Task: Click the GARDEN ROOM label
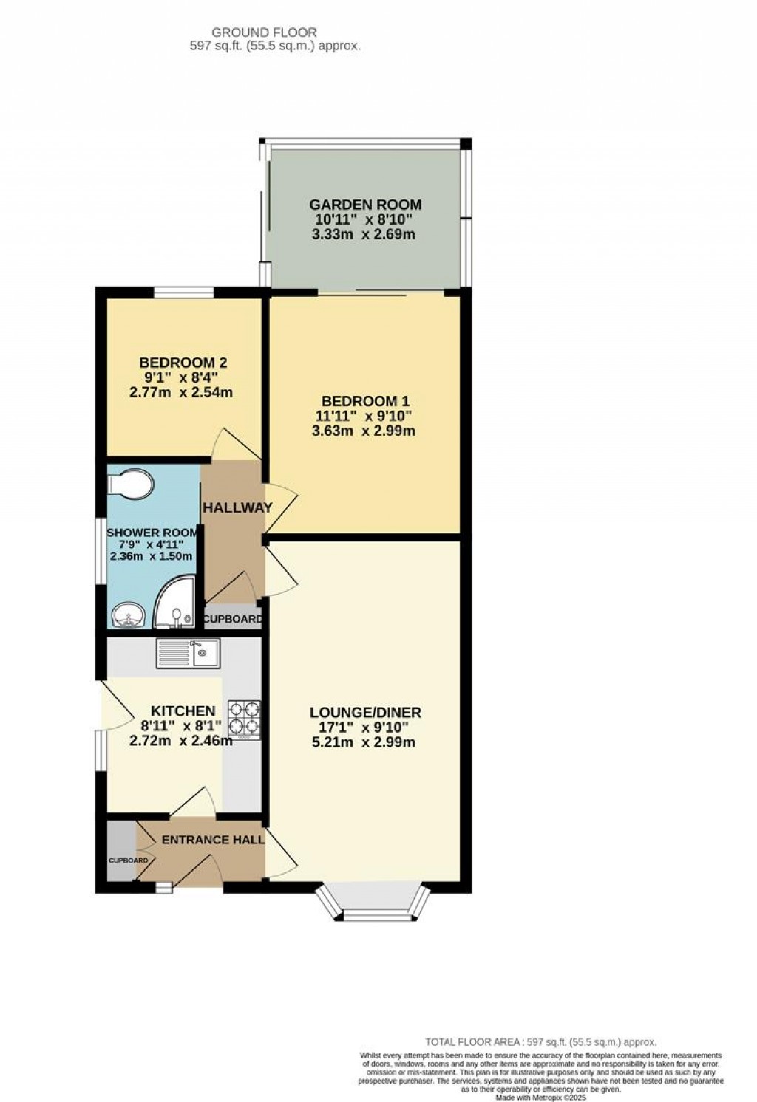point(365,205)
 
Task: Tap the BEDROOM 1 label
point(365,401)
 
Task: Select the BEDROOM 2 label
point(183,363)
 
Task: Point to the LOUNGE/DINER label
point(365,713)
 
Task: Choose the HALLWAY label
point(237,508)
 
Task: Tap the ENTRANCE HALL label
point(213,840)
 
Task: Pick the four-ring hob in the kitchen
point(244,717)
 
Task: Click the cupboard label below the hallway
point(232,619)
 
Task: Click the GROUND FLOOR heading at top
point(264,32)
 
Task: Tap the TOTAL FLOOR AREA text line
point(540,1041)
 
